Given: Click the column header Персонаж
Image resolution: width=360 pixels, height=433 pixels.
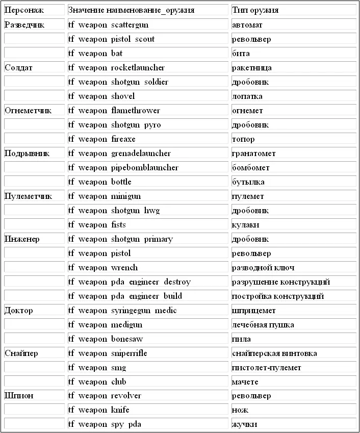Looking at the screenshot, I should (x=24, y=10).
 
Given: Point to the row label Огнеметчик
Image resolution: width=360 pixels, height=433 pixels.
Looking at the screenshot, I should (x=28, y=110).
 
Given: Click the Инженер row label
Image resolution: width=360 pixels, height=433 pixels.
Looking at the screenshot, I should (x=22, y=239).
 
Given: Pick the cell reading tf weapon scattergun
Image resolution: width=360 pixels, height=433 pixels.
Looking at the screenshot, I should (x=108, y=24).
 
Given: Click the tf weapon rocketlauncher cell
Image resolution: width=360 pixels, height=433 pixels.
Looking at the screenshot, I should (x=116, y=67).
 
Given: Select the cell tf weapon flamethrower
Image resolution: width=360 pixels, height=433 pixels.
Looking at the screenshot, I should (x=114, y=110).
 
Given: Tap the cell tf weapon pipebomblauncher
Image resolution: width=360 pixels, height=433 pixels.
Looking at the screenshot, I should (x=123, y=167).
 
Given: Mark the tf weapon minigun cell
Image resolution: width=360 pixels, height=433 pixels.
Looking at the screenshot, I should (x=104, y=196).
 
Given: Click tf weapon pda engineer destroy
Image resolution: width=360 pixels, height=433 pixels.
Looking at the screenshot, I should (x=129, y=282).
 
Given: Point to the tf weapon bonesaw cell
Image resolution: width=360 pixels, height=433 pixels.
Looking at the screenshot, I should (x=105, y=339).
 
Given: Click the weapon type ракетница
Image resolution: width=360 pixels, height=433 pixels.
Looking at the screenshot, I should (x=252, y=67).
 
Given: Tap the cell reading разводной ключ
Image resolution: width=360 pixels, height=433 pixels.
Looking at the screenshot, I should (x=263, y=267).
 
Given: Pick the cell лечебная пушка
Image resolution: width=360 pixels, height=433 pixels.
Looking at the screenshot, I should (x=263, y=324).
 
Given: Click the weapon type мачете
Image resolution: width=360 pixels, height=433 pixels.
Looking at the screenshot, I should (x=245, y=381).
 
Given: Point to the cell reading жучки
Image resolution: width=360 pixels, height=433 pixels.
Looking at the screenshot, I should (x=244, y=424).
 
